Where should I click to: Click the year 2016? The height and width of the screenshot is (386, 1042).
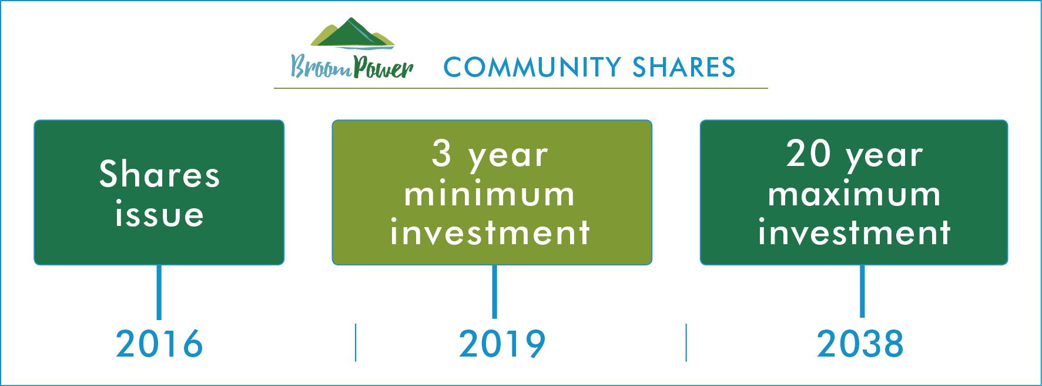pos(159,344)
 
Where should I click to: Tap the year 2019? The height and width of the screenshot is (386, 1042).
pos(502,344)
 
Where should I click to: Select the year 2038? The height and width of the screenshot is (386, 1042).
pos(860,344)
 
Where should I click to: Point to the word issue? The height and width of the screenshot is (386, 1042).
pos(159,214)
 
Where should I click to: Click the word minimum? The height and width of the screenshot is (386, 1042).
pos(490,194)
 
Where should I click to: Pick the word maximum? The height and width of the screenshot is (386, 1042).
pos(854,194)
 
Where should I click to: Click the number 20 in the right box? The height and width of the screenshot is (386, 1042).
pos(809,154)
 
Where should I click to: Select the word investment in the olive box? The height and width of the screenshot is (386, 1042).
pos(490,232)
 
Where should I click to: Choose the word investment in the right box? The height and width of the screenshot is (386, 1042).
pos(854,232)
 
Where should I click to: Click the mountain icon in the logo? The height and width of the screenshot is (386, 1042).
pos(352,34)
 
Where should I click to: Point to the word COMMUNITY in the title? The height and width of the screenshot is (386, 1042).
pos(532,67)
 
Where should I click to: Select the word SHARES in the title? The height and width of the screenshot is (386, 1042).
pos(684,67)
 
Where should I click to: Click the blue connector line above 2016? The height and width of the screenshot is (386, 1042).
pos(159,292)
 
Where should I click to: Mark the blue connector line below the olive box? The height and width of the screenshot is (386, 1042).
pos(494,292)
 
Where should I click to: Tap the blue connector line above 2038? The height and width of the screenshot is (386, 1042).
pos(862,291)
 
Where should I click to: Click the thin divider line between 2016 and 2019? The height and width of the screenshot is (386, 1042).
pos(356,342)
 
